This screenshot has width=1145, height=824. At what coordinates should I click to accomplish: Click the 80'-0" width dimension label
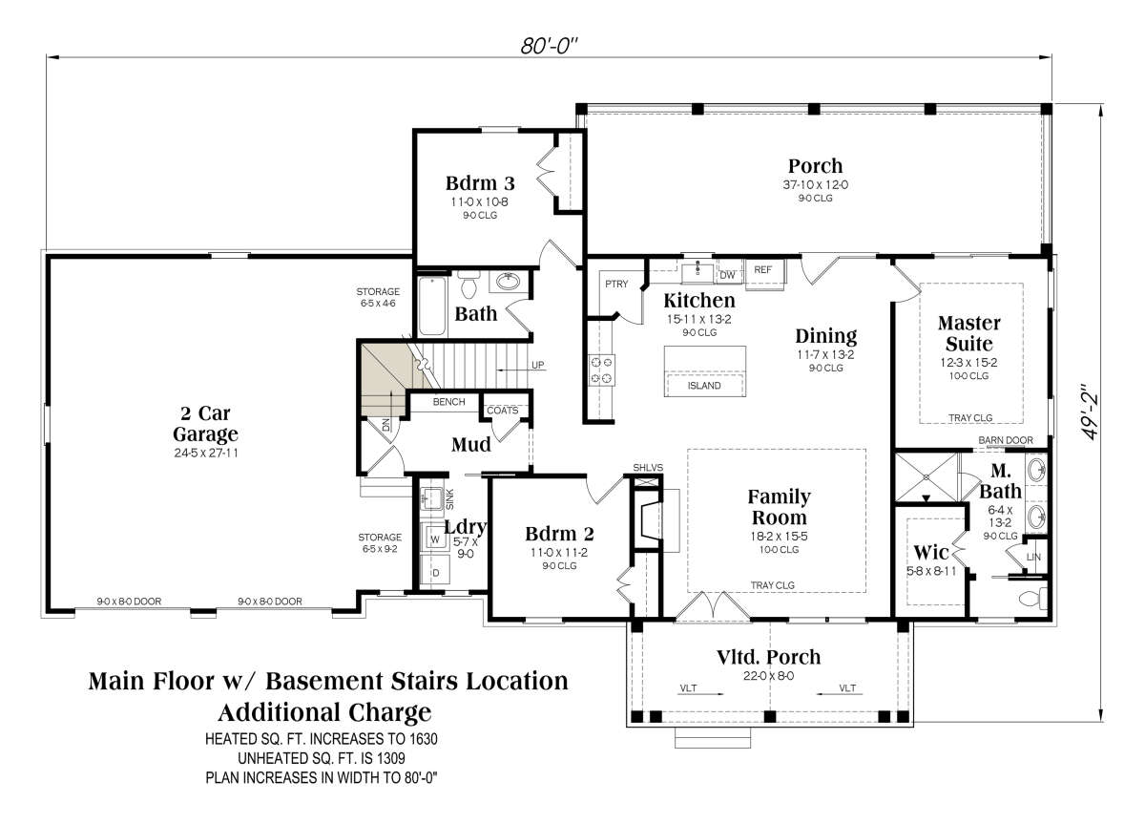[549, 46]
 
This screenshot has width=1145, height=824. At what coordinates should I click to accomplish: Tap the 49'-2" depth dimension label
[1090, 412]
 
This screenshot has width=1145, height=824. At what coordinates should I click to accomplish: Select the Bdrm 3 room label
[480, 182]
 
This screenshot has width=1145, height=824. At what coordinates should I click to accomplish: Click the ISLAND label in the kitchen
[704, 386]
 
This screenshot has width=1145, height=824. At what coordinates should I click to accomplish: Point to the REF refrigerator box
[764, 275]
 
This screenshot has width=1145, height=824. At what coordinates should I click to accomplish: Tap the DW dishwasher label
[727, 275]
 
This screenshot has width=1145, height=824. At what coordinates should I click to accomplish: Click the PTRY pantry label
[616, 284]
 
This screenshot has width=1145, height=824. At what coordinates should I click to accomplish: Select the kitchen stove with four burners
[602, 370]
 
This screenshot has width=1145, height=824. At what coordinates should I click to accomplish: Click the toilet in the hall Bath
[468, 285]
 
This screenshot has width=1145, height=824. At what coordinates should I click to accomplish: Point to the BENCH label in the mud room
[448, 402]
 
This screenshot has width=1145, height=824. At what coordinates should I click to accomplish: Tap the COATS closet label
[502, 411]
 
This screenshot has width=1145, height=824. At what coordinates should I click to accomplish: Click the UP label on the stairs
[538, 365]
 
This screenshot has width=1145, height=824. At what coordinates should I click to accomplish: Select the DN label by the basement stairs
[385, 425]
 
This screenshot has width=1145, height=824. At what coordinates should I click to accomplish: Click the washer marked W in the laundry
[435, 539]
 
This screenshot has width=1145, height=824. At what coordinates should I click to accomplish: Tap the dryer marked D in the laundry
[435, 572]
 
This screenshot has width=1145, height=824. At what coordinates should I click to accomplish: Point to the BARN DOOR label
[1006, 440]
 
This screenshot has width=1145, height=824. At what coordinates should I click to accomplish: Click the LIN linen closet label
[1033, 557]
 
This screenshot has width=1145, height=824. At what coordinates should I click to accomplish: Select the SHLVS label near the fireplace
[648, 468]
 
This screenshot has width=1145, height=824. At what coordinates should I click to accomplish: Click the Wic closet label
[931, 553]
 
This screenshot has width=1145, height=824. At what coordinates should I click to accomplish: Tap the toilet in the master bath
[1032, 599]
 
